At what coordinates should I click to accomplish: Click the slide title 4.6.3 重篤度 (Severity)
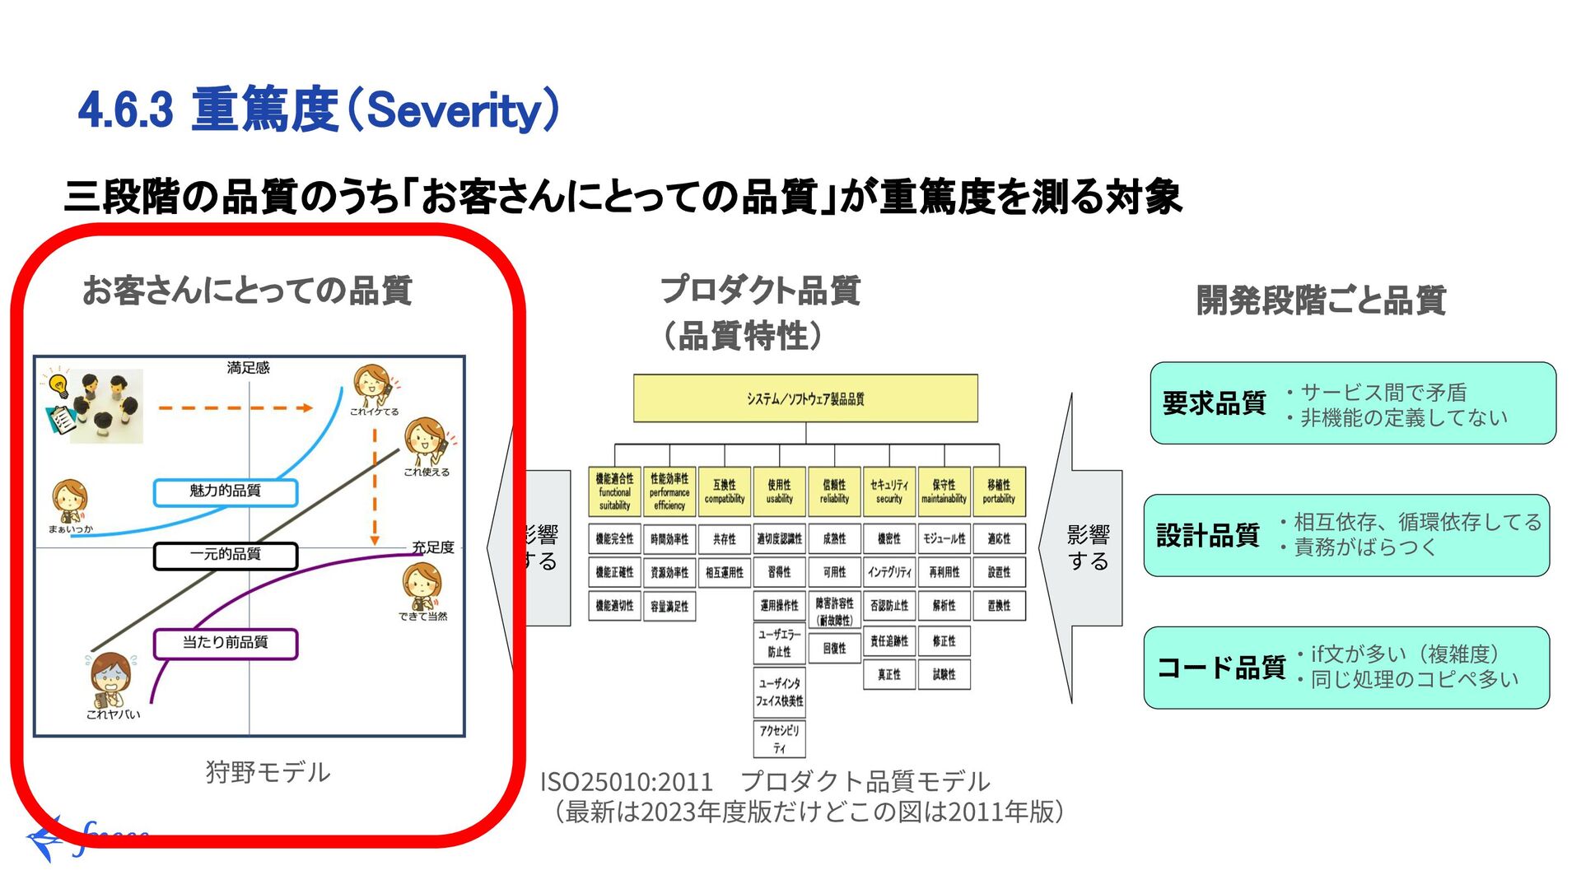coord(319,110)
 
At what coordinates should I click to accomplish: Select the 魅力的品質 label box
coord(225,491)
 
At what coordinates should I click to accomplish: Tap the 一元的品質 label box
coord(225,556)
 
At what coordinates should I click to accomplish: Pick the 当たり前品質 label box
coord(225,643)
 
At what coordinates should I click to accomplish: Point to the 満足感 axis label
coord(248,368)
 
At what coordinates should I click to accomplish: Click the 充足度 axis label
coord(433,547)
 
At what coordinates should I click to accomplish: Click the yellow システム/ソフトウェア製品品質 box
coord(804,398)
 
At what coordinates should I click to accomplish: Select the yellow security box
coord(888,491)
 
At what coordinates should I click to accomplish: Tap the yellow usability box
coord(779,491)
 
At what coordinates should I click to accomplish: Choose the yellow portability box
coord(998,491)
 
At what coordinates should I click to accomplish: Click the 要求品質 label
coord(1213,403)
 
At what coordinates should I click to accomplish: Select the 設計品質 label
coord(1207,535)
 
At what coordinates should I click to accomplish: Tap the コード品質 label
coord(1220,667)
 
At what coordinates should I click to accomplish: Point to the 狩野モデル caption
coord(268,772)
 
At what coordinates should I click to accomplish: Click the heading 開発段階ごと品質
coord(1320,300)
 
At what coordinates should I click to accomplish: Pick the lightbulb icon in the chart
coord(58,384)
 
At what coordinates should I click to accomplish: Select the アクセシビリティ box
coord(779,738)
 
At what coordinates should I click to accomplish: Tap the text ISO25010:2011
coord(626,781)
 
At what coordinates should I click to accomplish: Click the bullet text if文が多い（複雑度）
coord(1405,654)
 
